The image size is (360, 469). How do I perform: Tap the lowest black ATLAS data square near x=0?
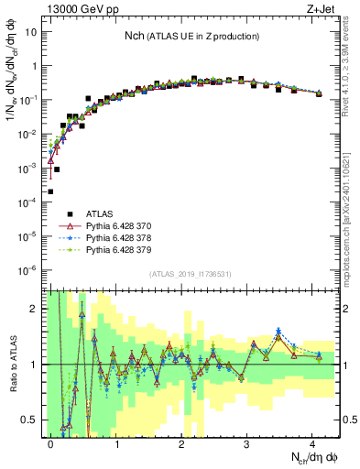pos(50,191)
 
